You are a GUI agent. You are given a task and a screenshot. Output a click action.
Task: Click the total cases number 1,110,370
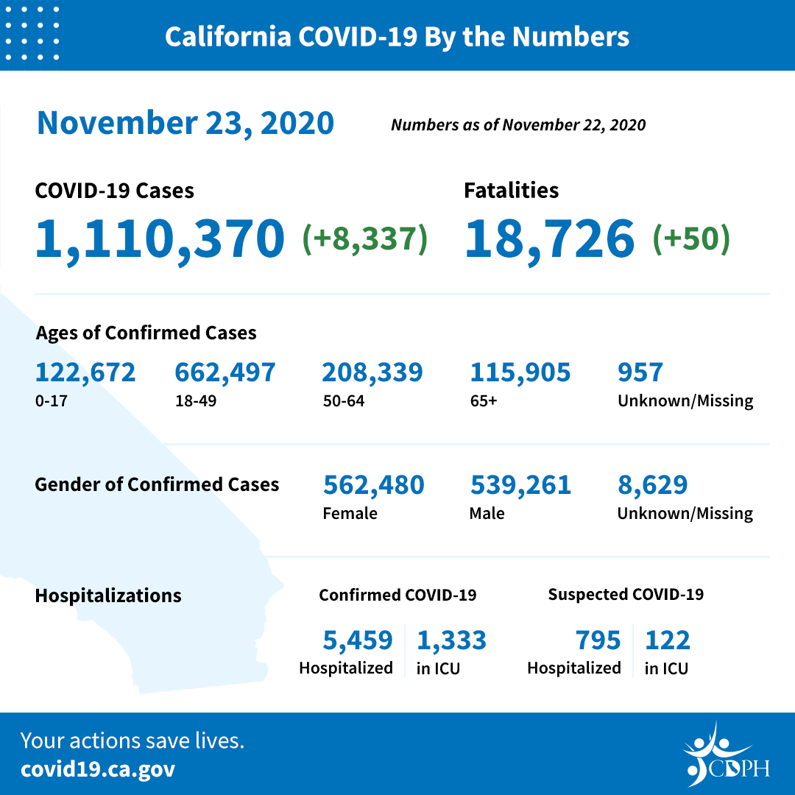160,239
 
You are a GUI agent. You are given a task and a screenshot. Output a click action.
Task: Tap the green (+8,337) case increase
365,239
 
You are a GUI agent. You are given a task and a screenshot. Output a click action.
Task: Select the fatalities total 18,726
549,239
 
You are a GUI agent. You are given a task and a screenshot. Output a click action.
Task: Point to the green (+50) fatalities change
691,239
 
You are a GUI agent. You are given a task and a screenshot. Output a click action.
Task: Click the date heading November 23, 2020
185,123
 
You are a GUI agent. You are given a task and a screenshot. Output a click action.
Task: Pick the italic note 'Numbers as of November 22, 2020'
518,124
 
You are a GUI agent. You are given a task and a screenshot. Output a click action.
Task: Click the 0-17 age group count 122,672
85,372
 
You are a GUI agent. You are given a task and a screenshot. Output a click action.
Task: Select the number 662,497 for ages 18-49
225,372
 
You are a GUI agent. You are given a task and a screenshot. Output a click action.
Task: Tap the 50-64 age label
344,401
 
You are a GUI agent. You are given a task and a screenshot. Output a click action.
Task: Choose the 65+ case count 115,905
520,372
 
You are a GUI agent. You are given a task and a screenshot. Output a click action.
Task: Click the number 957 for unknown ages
640,372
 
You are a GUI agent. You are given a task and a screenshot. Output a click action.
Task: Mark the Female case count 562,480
373,485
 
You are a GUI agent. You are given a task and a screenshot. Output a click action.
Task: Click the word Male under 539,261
487,513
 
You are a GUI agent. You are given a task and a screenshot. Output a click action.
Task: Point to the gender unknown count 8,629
652,485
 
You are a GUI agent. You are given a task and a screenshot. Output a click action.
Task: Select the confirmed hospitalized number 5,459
358,640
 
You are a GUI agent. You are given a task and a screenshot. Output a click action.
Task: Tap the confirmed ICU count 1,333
451,640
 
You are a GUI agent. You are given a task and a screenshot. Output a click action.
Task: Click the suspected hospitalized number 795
598,640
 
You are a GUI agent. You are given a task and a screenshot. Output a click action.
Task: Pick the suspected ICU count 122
668,640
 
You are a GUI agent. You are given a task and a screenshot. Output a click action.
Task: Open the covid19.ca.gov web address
98,769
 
